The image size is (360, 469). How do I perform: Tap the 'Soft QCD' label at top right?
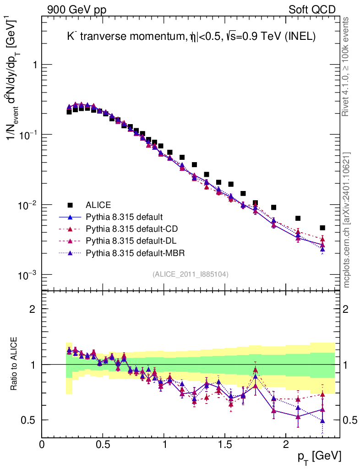point(311,10)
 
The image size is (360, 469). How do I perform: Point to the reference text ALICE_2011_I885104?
point(191,274)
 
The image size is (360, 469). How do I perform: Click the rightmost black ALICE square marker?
point(322,228)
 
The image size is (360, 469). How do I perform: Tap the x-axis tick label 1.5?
point(224,444)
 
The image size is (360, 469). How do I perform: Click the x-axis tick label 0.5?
point(103,444)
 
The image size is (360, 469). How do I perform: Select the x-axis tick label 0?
point(42,444)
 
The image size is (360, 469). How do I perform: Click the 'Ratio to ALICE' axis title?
point(15,364)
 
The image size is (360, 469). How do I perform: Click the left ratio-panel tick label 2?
point(33,309)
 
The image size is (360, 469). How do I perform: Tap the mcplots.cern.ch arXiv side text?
point(347,220)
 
